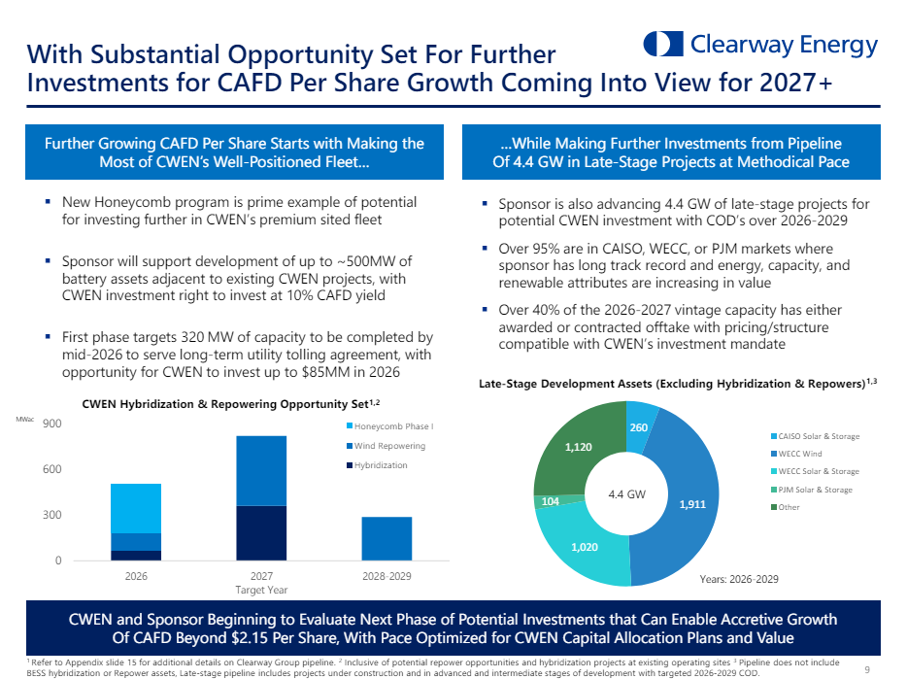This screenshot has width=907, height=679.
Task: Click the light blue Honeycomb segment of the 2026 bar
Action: tap(136, 508)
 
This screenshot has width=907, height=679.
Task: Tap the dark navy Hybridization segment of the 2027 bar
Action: tap(261, 532)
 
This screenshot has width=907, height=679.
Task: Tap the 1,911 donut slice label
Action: tap(692, 504)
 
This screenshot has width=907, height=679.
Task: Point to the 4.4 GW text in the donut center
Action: tap(626, 493)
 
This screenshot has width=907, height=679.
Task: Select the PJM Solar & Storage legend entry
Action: tap(811, 489)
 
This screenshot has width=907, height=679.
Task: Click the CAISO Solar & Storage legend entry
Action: tap(815, 436)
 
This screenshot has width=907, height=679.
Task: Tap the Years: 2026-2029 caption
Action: tap(739, 578)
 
